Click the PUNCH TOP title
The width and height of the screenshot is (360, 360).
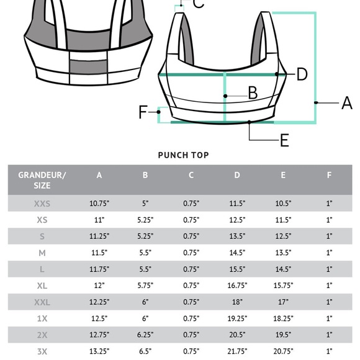pos(184,155)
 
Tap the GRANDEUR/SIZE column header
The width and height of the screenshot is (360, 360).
pos(42,180)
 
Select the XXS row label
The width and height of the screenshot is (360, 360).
pos(42,204)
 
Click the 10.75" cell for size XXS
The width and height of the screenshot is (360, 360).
pos(99,204)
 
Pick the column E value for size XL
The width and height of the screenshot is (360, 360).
pos(283,286)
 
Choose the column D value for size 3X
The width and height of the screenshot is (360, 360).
pos(237,351)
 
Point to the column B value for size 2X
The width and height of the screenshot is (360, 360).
pos(145,335)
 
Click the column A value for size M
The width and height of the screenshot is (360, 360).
pos(99,253)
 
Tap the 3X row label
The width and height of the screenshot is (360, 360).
pos(42,351)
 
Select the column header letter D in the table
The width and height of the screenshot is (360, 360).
pos(237,175)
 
